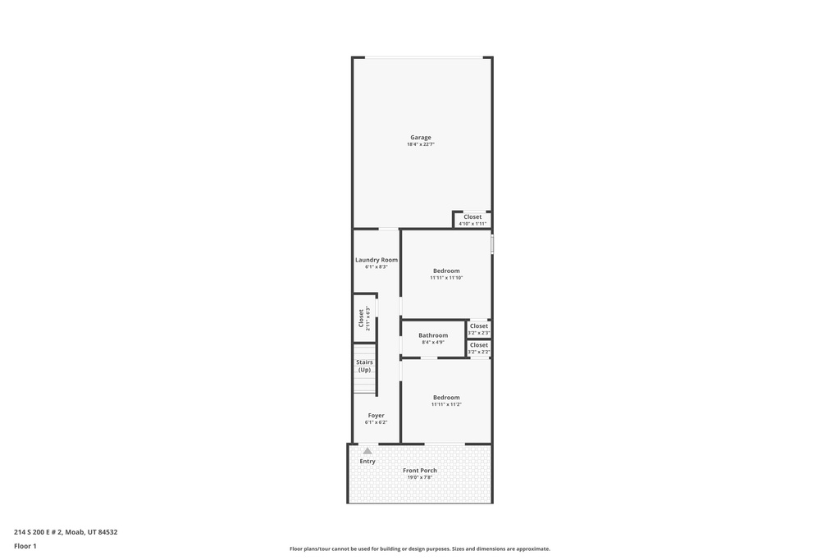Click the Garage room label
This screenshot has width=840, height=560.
coord(421,138)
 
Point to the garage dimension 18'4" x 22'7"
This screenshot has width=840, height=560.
coord(421,144)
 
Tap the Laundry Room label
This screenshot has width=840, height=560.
coord(377,260)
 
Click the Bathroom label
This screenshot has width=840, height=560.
coord(433,335)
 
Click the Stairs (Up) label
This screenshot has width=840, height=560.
coord(364,367)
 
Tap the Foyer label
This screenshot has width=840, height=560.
coord(376,416)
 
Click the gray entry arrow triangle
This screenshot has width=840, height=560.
coord(367,451)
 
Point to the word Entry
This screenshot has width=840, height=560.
coord(367,462)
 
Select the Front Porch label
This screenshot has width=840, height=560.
coord(420,471)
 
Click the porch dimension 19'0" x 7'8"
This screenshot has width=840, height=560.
coord(420,477)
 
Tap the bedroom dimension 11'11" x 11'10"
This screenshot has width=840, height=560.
coord(446,278)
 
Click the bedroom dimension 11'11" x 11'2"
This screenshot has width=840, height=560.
coord(446,405)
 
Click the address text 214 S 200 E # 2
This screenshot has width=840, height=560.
coord(38,532)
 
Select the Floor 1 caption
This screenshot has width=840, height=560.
coord(25,547)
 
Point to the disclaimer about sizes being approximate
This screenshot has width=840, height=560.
coord(420,549)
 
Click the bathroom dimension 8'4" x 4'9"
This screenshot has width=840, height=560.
coord(433,343)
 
